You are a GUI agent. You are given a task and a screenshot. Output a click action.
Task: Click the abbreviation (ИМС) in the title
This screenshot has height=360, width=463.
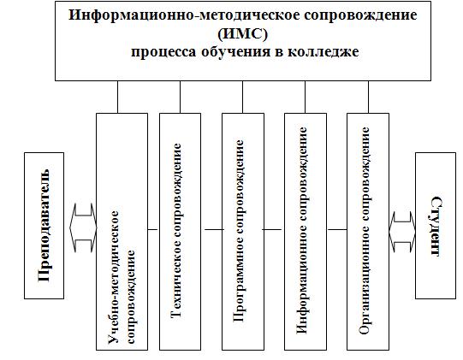(242, 34)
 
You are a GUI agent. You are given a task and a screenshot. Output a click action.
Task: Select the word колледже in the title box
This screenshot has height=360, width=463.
(324, 52)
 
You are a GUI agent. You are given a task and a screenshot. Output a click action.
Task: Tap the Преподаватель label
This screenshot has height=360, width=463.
(44, 226)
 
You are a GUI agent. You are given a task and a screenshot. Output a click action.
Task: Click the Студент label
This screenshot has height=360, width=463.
(436, 226)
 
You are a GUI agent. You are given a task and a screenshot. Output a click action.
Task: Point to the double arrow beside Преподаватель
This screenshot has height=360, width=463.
(83, 227)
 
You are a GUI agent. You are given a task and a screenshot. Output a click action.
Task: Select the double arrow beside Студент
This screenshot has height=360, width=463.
(402, 232)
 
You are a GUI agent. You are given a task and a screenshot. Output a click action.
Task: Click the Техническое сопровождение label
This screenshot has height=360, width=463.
(176, 231)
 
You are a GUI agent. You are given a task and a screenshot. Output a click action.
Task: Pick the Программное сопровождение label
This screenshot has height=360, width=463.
(239, 231)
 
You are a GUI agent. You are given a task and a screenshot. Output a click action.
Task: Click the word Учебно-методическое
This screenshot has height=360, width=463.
(113, 277)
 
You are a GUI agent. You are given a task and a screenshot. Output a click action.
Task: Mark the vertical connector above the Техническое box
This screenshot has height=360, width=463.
(180, 97)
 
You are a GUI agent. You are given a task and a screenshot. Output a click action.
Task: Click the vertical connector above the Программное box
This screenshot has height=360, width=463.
(243, 97)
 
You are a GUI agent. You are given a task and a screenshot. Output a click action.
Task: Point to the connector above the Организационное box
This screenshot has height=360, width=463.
(368, 97)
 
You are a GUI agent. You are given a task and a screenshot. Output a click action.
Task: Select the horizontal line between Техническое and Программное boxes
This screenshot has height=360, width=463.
(214, 229)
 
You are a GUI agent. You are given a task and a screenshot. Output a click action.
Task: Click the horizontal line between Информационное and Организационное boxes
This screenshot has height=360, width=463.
(337, 229)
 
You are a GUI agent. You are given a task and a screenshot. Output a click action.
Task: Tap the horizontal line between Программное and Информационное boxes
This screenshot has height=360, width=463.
(272, 229)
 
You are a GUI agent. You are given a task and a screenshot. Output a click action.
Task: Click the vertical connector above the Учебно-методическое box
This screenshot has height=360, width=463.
(117, 97)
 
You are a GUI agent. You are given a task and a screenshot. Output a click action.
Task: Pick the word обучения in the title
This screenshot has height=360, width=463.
(236, 52)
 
